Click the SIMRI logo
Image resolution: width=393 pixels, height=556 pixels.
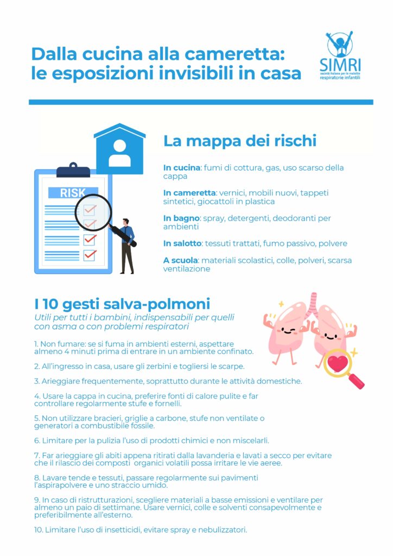pos(340,56)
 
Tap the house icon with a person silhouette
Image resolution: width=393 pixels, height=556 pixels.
pos(119,150)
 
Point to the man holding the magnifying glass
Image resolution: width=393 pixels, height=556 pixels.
pos(126,244)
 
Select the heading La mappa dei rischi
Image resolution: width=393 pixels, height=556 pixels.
pos(239,141)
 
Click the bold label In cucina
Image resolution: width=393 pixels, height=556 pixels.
pos(182,168)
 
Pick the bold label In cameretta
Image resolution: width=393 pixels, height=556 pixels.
pos(190,193)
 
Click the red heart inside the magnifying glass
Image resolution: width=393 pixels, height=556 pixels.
pos(338,364)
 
